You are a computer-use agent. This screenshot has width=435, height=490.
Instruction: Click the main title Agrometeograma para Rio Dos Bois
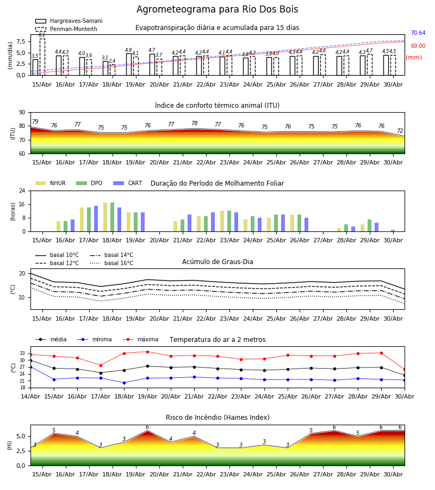[217, 9]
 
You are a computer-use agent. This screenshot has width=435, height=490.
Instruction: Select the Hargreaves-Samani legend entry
[69, 21]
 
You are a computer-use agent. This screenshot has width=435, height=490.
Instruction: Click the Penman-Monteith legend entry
[66, 29]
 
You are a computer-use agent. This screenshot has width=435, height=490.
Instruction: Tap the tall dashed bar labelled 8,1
[42, 57]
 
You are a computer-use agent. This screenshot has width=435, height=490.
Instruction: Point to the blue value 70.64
[418, 33]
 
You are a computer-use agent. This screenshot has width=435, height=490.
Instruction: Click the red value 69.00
[418, 46]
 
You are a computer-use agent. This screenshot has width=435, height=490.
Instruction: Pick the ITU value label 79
[35, 121]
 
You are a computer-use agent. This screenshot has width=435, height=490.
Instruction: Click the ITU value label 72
[400, 131]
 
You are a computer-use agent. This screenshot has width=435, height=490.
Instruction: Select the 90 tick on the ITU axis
[22, 113]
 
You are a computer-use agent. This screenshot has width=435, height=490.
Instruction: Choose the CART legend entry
[128, 183]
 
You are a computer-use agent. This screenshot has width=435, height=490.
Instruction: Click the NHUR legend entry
[51, 183]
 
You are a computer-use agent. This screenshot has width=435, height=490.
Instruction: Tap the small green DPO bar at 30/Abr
[393, 231]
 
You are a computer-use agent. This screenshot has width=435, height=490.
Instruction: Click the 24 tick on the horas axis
[22, 191]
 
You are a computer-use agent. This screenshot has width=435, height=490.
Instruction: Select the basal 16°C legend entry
[111, 263]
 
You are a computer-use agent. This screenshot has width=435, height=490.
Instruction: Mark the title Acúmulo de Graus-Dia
[217, 262]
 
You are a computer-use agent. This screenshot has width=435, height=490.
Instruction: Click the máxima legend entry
[140, 339]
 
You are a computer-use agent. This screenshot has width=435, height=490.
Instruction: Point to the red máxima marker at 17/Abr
[101, 365]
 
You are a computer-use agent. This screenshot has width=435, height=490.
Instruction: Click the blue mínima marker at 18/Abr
[124, 383]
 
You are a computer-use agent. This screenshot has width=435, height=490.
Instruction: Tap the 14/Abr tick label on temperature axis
[30, 396]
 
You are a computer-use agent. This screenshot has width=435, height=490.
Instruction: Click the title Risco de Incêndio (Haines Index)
[217, 418]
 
